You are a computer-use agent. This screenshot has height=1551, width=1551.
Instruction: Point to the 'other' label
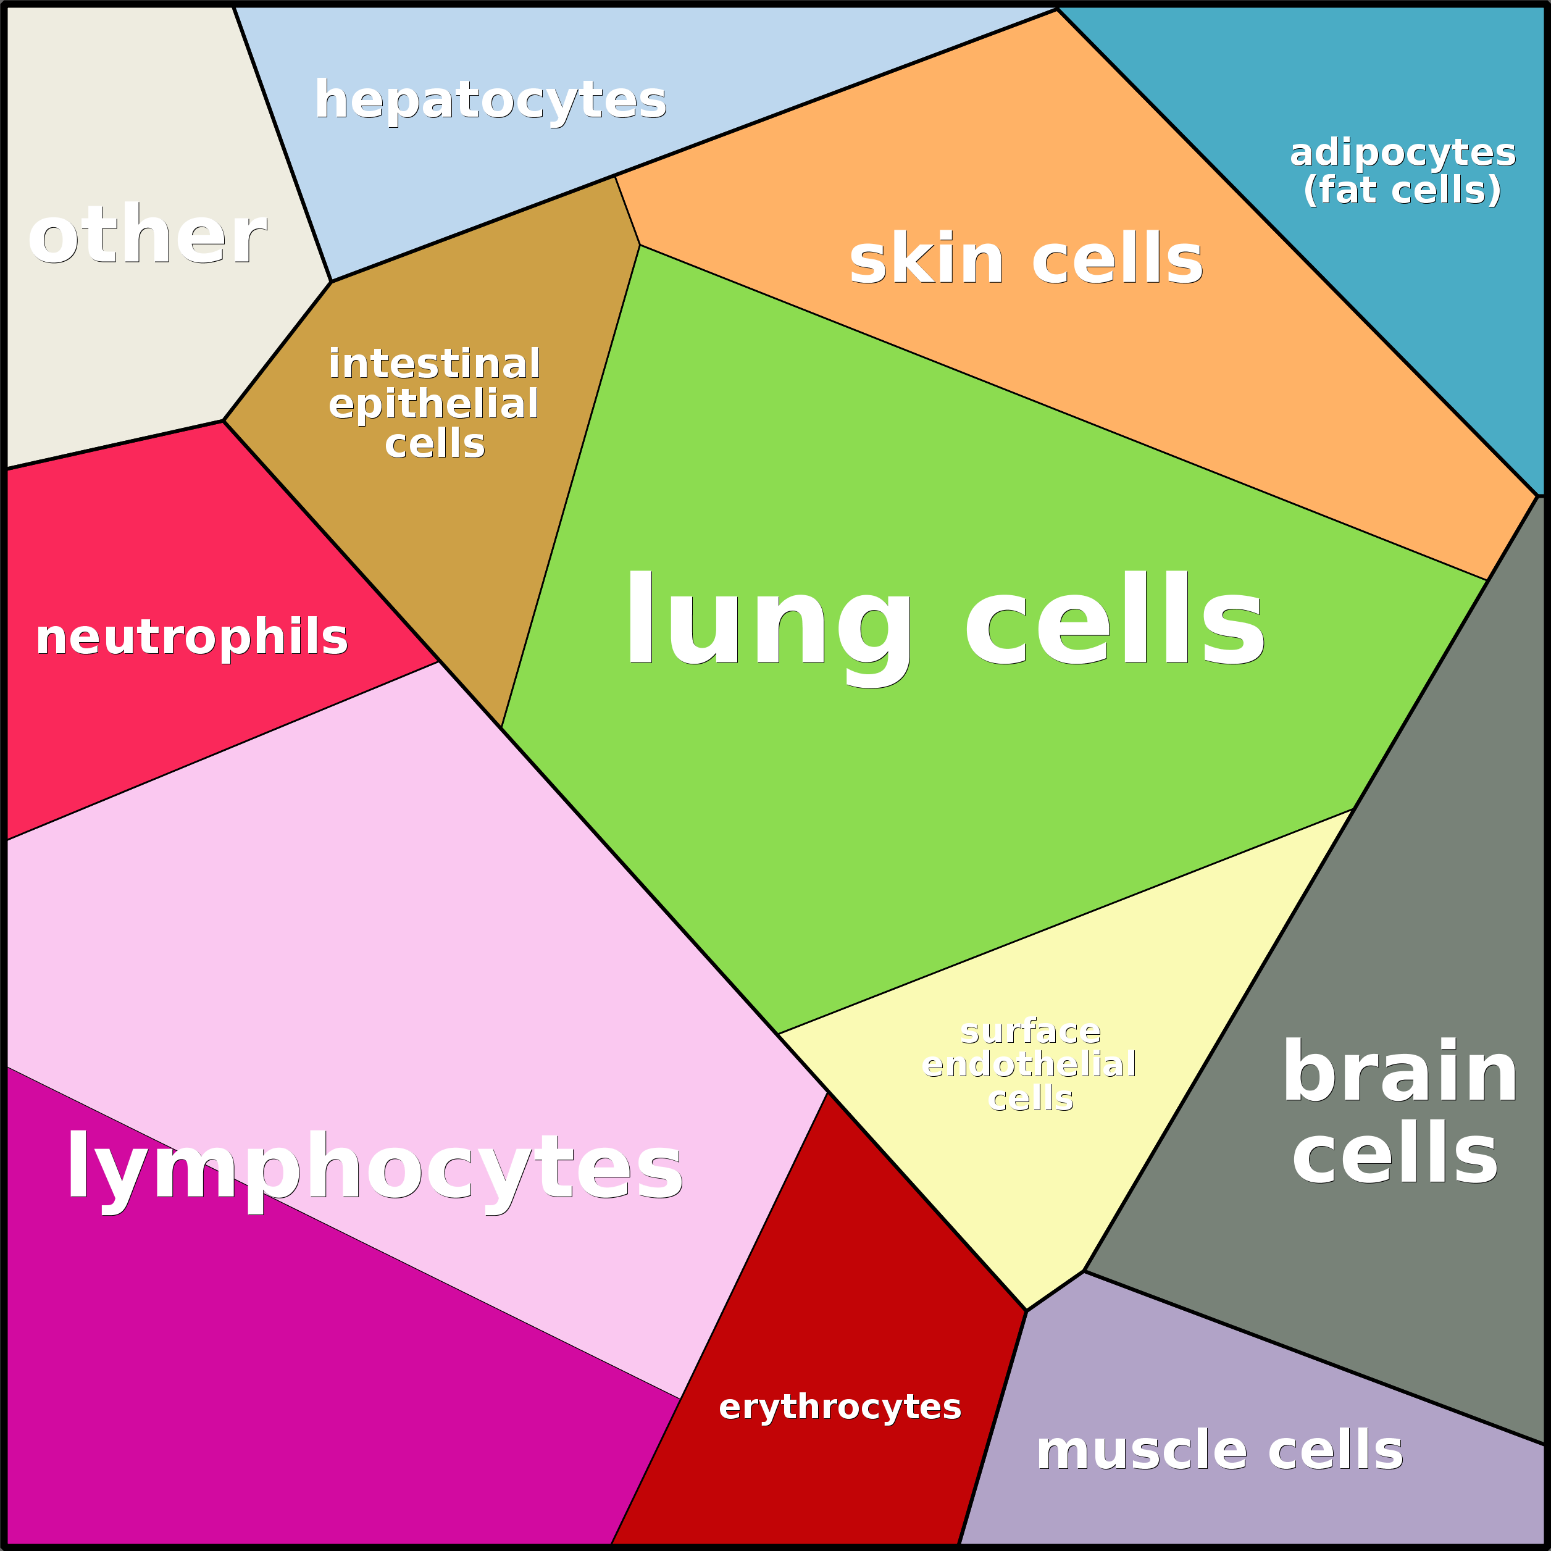click(147, 235)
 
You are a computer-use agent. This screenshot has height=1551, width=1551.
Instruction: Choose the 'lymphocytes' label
click(374, 1168)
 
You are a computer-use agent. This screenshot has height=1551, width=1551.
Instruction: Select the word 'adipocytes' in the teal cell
click(1402, 153)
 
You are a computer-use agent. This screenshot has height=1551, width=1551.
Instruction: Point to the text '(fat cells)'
click(1402, 190)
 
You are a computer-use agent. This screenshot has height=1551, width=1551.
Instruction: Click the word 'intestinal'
click(433, 364)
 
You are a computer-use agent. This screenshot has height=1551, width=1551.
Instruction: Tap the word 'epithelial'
click(433, 404)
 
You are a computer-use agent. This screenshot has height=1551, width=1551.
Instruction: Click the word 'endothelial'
click(1029, 1064)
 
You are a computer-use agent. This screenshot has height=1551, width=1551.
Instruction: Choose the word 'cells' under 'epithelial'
click(434, 443)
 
